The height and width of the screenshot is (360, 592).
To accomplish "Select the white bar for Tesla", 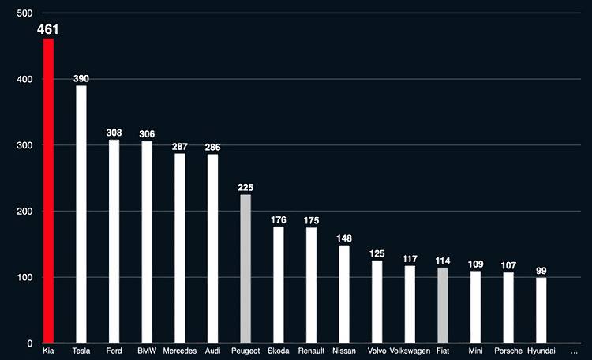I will [x=81, y=214].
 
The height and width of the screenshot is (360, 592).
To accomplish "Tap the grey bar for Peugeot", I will [x=245, y=268].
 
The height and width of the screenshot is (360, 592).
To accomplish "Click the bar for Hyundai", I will [x=541, y=310].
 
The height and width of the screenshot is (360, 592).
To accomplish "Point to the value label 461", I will [x=48, y=30].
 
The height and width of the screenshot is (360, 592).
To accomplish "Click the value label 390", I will [x=81, y=79].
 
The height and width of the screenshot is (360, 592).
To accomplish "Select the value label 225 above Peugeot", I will [x=245, y=188].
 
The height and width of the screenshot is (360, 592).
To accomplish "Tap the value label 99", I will [x=541, y=271].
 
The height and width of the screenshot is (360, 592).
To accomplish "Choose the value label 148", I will [x=344, y=238].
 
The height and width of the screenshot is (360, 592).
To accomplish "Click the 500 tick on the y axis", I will [x=24, y=13].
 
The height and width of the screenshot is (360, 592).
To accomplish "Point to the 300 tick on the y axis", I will [x=24, y=146].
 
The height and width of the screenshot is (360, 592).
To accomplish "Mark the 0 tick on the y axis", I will [x=28, y=343].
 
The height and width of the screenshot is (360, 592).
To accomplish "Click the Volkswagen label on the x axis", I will [x=410, y=351].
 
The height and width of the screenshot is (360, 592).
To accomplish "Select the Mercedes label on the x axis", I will [x=179, y=351].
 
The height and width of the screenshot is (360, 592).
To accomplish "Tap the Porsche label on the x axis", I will [x=508, y=351].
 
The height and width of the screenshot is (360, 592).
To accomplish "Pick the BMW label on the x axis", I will [x=147, y=351].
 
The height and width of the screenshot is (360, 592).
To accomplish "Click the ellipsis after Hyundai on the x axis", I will [x=574, y=351].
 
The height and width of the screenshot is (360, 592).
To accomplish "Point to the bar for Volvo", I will [x=377, y=302].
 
